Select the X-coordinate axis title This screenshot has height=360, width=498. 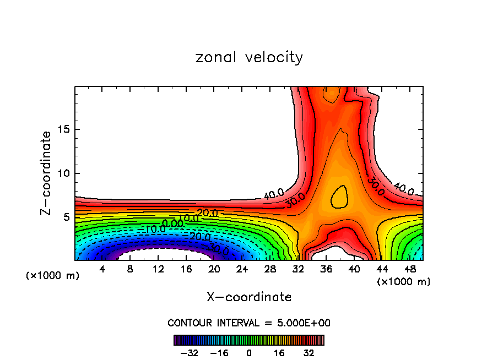point(249,297)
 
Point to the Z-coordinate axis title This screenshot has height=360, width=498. point(47,173)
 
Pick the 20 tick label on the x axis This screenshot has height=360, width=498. point(214,269)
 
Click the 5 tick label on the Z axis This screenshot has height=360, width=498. point(64,217)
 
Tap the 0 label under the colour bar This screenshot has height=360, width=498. point(249,353)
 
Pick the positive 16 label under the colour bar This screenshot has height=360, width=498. point(280,353)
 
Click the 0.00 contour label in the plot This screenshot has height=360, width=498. point(172,223)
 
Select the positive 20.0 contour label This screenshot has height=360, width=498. point(207,213)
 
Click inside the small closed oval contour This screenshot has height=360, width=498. point(339,197)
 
